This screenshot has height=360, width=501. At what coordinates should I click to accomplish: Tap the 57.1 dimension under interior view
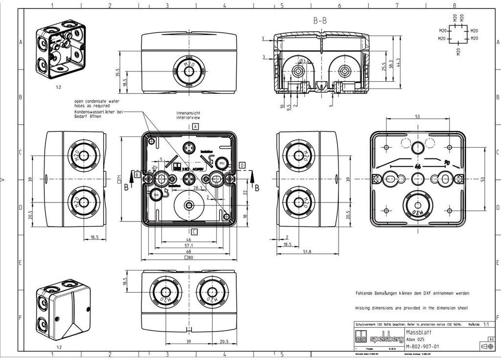click(188, 246)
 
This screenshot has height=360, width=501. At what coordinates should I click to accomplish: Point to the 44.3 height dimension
click(398, 63)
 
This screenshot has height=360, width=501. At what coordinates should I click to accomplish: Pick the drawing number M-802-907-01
click(423, 346)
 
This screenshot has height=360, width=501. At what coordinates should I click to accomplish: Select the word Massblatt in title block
click(418, 331)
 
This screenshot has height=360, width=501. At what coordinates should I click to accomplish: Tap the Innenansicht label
click(187, 113)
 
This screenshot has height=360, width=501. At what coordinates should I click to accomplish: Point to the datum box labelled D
click(242, 165)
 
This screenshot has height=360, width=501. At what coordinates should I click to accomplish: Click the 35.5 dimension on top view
click(118, 73)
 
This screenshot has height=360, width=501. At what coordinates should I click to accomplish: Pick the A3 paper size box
click(491, 338)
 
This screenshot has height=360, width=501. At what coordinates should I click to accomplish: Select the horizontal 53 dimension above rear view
click(417, 117)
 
